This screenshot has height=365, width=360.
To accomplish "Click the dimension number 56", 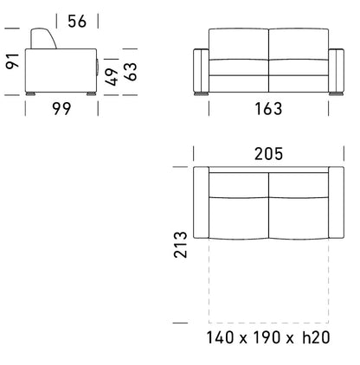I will (x=77, y=22).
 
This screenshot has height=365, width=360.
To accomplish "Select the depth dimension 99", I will (x=60, y=109).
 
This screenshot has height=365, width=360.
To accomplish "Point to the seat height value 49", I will (x=112, y=76).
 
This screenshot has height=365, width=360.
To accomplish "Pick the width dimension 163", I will (x=267, y=109).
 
